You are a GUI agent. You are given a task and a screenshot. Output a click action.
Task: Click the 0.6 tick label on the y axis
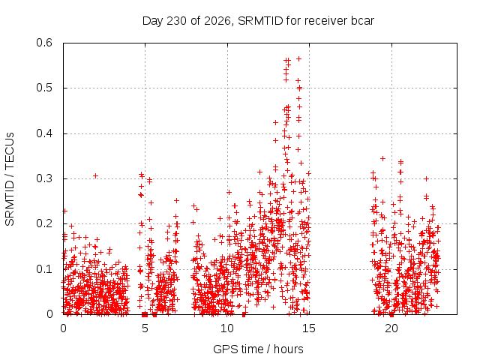point(44,43)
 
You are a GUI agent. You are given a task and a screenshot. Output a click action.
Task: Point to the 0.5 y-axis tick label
point(44,88)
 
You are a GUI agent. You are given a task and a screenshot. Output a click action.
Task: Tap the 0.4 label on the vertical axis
point(44,133)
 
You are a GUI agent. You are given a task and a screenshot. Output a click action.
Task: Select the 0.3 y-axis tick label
point(44,178)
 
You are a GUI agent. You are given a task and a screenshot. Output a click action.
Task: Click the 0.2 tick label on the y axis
point(44,223)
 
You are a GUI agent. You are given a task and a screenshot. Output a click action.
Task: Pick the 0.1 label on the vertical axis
point(44,269)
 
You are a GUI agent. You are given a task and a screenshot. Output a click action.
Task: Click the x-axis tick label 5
point(145,328)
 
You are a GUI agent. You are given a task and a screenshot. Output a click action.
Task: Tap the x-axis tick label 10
point(226,328)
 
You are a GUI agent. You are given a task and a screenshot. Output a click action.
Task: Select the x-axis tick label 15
point(309,328)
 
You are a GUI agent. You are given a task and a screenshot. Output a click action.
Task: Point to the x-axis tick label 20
point(391,328)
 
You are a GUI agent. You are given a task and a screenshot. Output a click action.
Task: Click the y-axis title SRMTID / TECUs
point(10,179)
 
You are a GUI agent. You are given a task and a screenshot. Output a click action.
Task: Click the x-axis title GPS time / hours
point(258,349)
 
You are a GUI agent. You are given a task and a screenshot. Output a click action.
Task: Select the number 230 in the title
point(176,21)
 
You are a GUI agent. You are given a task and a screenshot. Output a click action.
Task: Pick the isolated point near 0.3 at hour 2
point(95,175)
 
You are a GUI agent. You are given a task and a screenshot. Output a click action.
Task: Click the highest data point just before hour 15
point(298,58)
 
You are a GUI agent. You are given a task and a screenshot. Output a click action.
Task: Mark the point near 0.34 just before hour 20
point(382,158)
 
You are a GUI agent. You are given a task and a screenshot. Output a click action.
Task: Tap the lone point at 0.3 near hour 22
point(426,178)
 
